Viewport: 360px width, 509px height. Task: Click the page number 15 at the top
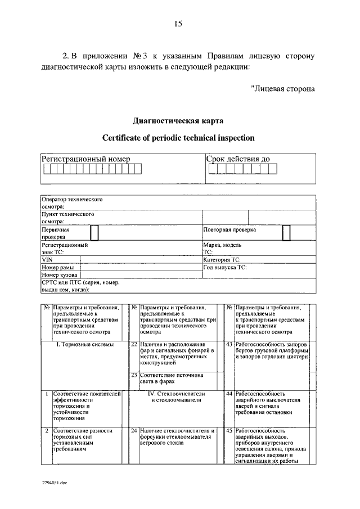pos(178,24)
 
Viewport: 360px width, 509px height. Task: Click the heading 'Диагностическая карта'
pos(178,121)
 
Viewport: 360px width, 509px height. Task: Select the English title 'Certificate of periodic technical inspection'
pos(178,138)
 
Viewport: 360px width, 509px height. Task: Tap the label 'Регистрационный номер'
pos(86,159)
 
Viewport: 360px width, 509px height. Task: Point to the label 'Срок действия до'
pos(238,159)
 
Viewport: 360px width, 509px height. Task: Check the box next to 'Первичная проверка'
pos(94,233)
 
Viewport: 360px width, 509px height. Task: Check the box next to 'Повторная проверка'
pos(286,233)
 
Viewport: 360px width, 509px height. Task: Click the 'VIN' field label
pos(47,260)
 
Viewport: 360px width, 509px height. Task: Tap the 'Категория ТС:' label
pos(222,260)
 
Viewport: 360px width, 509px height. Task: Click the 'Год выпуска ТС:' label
pos(224,268)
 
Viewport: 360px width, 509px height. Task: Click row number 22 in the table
pos(134,344)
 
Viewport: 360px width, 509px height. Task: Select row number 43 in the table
pos(229,344)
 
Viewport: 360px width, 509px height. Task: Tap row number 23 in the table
pos(134,375)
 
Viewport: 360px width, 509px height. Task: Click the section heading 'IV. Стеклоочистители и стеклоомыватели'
pos(177,397)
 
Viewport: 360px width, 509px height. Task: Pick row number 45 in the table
pos(229,431)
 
